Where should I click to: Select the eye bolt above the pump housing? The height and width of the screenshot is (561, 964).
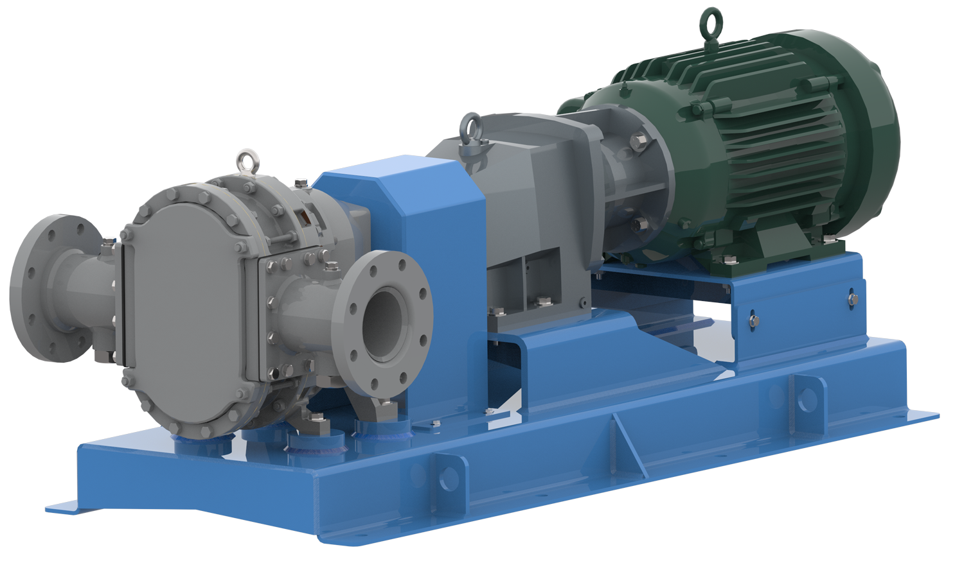(245, 160)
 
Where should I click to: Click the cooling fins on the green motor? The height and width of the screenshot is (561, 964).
(765, 148)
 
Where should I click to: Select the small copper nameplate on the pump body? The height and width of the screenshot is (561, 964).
(307, 218)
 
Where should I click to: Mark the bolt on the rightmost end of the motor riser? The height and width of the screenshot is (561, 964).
(852, 299)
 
